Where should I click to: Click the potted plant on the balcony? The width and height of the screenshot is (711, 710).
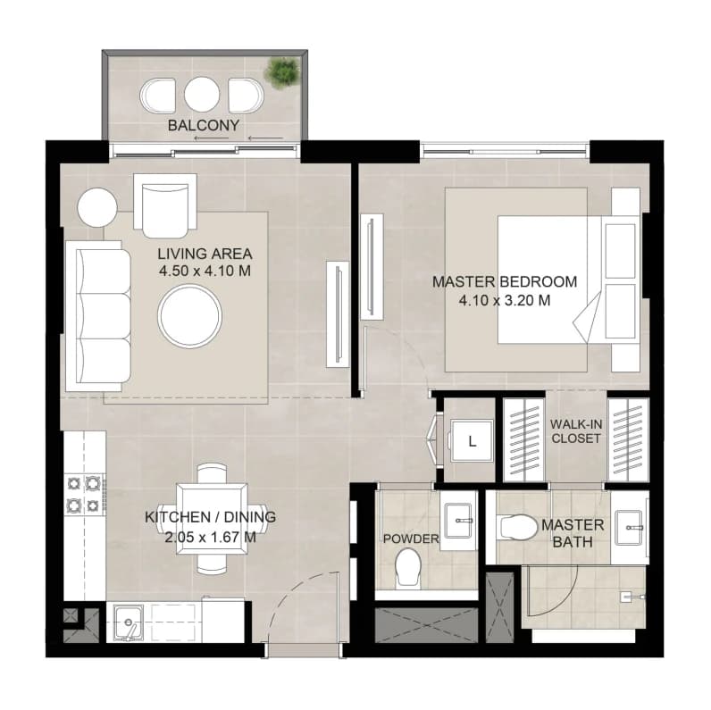[x=282, y=71]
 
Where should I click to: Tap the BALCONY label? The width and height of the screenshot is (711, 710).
[x=204, y=125]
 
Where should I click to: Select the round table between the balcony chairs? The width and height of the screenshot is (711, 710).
[x=202, y=95]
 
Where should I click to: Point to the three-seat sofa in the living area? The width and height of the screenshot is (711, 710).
[x=98, y=316]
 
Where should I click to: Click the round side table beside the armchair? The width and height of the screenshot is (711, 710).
[x=97, y=207]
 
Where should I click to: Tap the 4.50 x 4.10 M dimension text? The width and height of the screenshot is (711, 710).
[x=205, y=271]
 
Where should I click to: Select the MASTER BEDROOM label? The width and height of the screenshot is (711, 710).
[x=505, y=281]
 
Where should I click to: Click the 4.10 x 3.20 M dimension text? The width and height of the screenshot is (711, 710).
[x=505, y=300]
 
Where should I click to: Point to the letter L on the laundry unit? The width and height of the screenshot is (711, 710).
[x=472, y=441]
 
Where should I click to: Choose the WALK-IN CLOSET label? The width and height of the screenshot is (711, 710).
[x=576, y=431]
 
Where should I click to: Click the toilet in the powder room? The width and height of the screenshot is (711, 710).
[x=408, y=567]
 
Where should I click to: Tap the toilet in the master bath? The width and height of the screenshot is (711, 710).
[x=517, y=527]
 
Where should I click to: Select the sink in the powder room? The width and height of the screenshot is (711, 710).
[x=459, y=521]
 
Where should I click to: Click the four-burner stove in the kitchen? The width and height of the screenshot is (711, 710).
[x=85, y=494]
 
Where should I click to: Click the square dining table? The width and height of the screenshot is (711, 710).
[x=213, y=519]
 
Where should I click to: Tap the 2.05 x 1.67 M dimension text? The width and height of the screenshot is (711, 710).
[x=210, y=538]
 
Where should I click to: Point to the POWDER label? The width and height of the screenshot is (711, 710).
[x=411, y=539]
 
